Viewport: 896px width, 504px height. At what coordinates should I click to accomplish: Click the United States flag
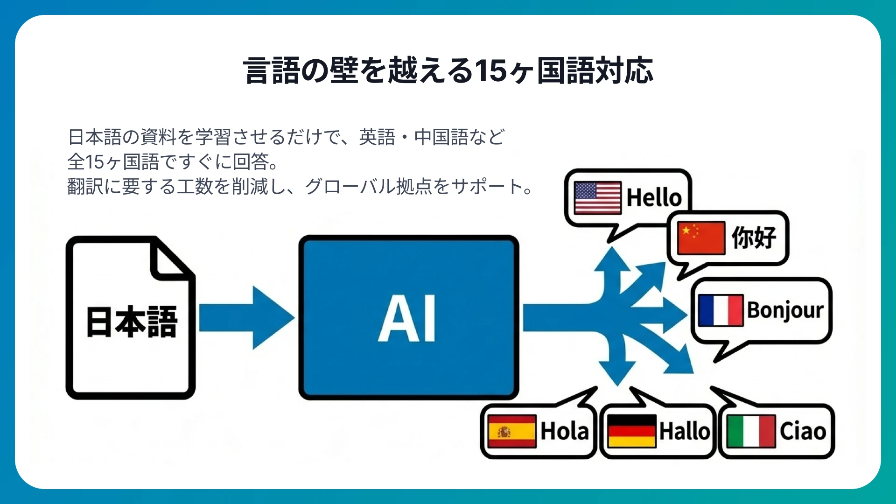[x=597, y=197]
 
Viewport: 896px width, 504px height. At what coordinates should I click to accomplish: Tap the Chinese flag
[x=701, y=238]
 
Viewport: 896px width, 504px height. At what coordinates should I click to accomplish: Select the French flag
[x=721, y=310]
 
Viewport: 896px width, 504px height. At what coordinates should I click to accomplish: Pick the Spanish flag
[x=511, y=431]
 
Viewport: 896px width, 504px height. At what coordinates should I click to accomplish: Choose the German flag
[x=632, y=431]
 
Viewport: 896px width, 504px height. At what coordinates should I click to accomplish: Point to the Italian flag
[x=751, y=431]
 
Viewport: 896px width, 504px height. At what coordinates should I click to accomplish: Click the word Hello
[x=654, y=197]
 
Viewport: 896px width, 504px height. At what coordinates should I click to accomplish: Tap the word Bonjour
[x=785, y=310]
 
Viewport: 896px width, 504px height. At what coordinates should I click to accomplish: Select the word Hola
[x=564, y=431]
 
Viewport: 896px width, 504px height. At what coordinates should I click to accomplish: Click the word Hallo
[x=684, y=431]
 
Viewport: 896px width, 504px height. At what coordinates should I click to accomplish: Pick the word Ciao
[x=803, y=431]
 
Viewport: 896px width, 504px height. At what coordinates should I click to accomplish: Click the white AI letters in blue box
[x=407, y=319]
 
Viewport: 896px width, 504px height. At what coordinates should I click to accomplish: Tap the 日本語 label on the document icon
[x=132, y=322]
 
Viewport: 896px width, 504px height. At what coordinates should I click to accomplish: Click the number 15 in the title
[x=490, y=71]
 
